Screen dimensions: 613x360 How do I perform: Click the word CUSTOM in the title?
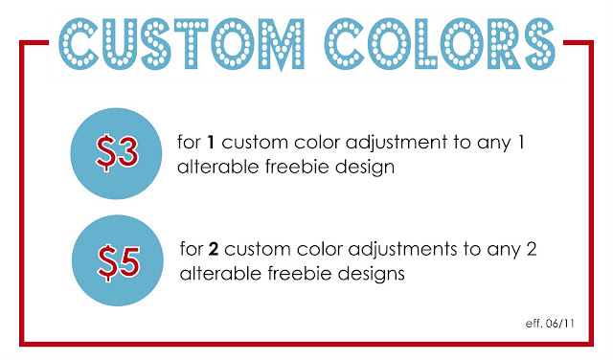[x=181, y=44]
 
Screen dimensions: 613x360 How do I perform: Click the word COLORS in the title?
[x=440, y=44]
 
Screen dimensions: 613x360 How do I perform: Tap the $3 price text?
[x=117, y=153]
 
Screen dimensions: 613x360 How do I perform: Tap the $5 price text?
[x=119, y=262]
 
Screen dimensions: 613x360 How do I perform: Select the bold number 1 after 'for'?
[x=211, y=142]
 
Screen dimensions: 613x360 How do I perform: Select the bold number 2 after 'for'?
[x=214, y=249]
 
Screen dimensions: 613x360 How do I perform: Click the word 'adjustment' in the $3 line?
[x=397, y=144]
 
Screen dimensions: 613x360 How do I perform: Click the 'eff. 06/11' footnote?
[x=550, y=324]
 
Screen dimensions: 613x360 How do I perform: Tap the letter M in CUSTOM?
[x=281, y=45]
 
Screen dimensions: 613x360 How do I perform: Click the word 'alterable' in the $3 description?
[x=217, y=167]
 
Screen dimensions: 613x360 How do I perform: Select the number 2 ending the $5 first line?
[x=532, y=249]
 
